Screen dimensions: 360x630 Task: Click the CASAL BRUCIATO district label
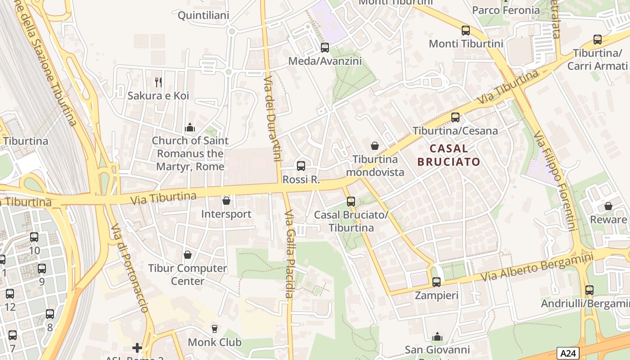point(449,155)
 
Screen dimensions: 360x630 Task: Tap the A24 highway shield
point(568,353)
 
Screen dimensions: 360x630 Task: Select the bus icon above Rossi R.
point(301,166)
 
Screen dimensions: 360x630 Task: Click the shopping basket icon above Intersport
point(226,200)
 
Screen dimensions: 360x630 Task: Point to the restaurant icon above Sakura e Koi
point(158,82)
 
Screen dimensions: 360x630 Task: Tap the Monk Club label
point(215,342)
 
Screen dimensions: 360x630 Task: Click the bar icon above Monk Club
point(215,328)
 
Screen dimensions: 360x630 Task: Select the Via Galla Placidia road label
point(289,254)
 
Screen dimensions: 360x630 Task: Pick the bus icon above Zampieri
point(436,282)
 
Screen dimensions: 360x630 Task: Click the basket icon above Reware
point(608,206)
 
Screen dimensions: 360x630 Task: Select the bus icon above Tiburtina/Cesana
point(455,117)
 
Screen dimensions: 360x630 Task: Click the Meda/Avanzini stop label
point(325,61)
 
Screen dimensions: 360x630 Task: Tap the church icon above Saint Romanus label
point(190,127)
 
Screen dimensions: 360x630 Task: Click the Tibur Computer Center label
point(188,274)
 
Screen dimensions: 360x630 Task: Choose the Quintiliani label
point(203,15)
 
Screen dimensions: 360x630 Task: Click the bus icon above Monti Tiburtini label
point(466,31)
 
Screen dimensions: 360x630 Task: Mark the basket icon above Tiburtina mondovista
point(374,146)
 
